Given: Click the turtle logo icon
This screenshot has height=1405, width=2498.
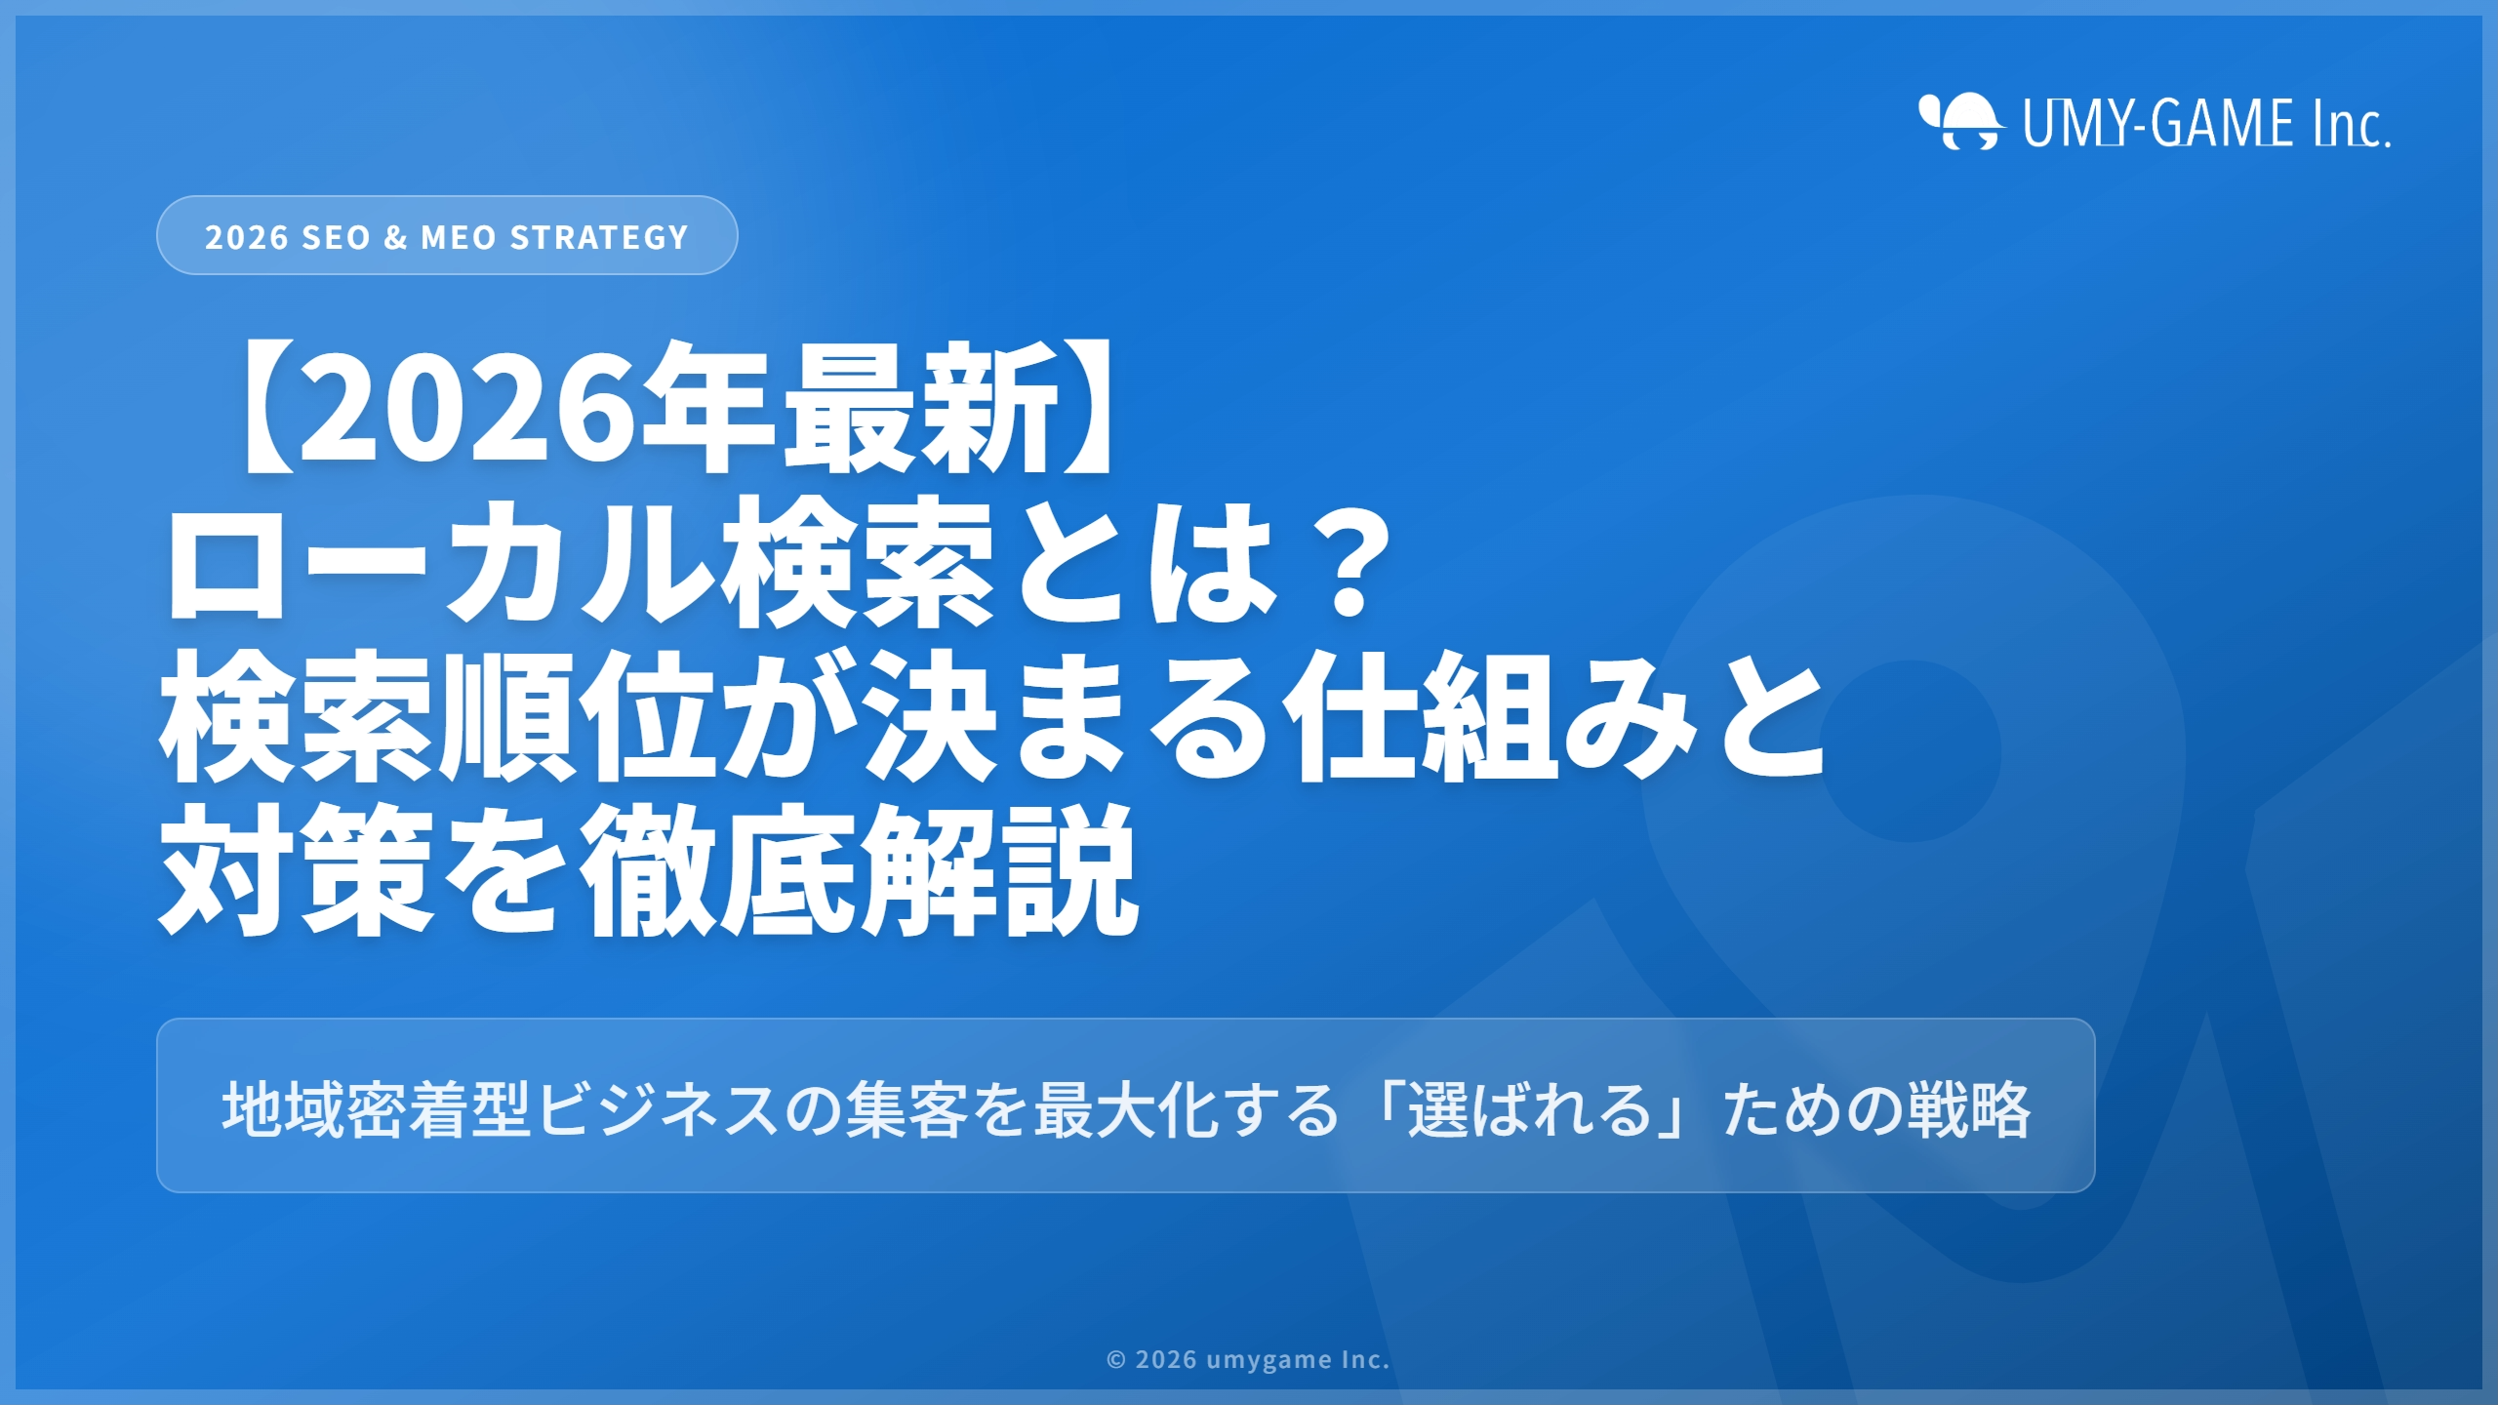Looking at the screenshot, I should point(1961,123).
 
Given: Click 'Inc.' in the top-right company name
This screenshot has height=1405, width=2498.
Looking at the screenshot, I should point(2352,125).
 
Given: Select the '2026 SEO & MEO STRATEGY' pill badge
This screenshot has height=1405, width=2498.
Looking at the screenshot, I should point(447,236).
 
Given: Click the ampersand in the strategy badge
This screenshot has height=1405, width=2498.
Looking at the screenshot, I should point(395,237).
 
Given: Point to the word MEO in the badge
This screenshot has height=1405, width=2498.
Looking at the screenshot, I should point(459,237).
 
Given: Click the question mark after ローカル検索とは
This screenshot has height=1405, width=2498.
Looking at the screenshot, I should point(1350,564).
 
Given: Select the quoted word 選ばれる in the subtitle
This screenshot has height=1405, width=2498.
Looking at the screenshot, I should point(1528,1108).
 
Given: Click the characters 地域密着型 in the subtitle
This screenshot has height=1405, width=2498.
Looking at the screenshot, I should point(377,1108).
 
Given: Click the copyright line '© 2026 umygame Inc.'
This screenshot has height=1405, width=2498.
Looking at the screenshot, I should point(1248,1359).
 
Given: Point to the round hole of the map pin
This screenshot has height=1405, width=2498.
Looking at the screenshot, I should point(1911,751).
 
